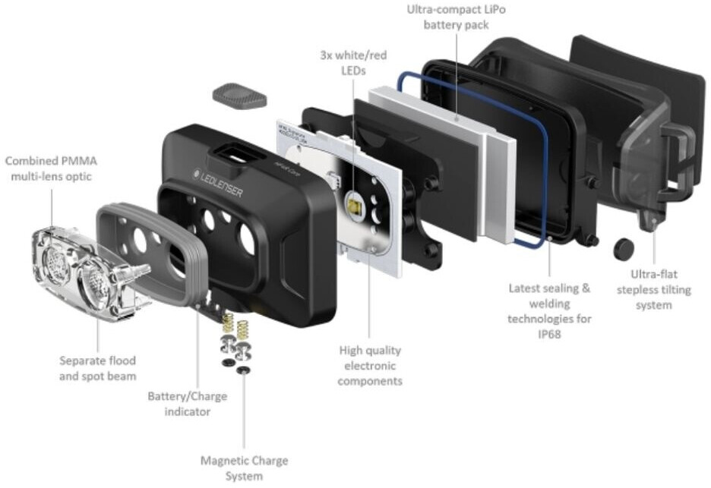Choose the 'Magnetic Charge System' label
tap(244, 468)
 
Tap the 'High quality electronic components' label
tap(370, 365)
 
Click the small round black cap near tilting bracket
tap(624, 248)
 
